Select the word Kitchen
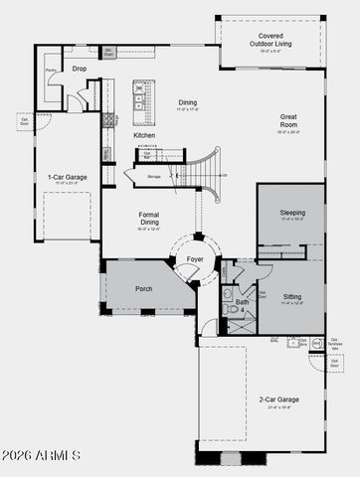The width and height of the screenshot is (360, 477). click(145, 134)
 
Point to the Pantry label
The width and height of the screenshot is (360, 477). click(50, 71)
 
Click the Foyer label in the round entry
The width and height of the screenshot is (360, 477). click(195, 259)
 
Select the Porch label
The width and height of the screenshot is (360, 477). click(144, 288)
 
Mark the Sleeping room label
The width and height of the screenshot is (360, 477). click(292, 213)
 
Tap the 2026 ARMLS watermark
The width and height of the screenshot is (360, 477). click(41, 456)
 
